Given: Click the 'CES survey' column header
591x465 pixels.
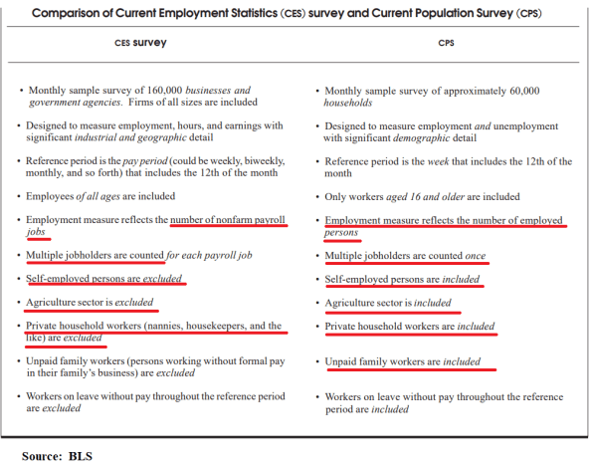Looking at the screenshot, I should point(140,45).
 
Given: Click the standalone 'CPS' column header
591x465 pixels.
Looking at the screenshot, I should point(446,45).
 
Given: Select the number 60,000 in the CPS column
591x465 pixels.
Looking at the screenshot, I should point(519,90).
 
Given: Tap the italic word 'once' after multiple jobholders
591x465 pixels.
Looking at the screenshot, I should point(476,256).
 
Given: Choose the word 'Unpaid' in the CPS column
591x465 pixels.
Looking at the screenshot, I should point(342,361).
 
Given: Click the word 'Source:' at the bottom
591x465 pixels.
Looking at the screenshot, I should point(43,456).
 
